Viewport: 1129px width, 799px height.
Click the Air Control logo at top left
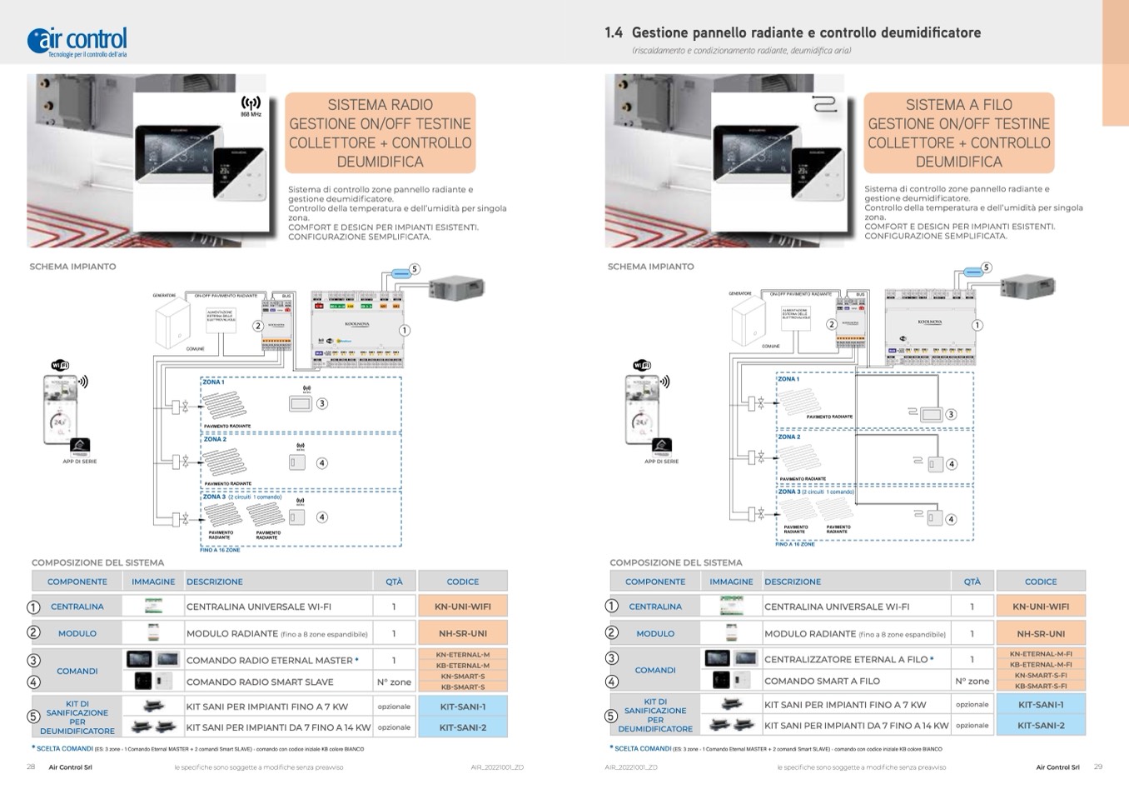tap(77, 41)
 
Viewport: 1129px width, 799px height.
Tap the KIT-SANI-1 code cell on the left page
tap(462, 707)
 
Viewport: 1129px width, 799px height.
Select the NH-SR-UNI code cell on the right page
tap(1041, 633)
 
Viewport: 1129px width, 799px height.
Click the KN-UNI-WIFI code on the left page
tap(462, 607)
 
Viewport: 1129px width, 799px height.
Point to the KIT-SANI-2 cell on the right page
tap(1041, 725)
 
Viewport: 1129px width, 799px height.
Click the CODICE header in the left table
tap(462, 582)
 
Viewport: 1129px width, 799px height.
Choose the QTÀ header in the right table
tap(972, 582)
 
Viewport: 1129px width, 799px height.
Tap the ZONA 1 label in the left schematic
tap(213, 382)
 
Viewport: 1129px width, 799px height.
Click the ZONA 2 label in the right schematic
tap(788, 437)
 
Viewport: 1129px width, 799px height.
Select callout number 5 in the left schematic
tap(415, 269)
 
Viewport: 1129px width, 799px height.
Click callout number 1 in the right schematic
tap(977, 325)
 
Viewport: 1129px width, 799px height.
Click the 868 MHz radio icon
tap(251, 106)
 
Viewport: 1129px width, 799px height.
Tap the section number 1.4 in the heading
tap(614, 32)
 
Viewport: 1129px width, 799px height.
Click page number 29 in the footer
tap(1097, 767)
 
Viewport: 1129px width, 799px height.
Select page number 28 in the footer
tap(31, 767)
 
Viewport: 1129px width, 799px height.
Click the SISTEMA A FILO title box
tap(958, 132)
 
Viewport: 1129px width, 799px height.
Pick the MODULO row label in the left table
tap(77, 633)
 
